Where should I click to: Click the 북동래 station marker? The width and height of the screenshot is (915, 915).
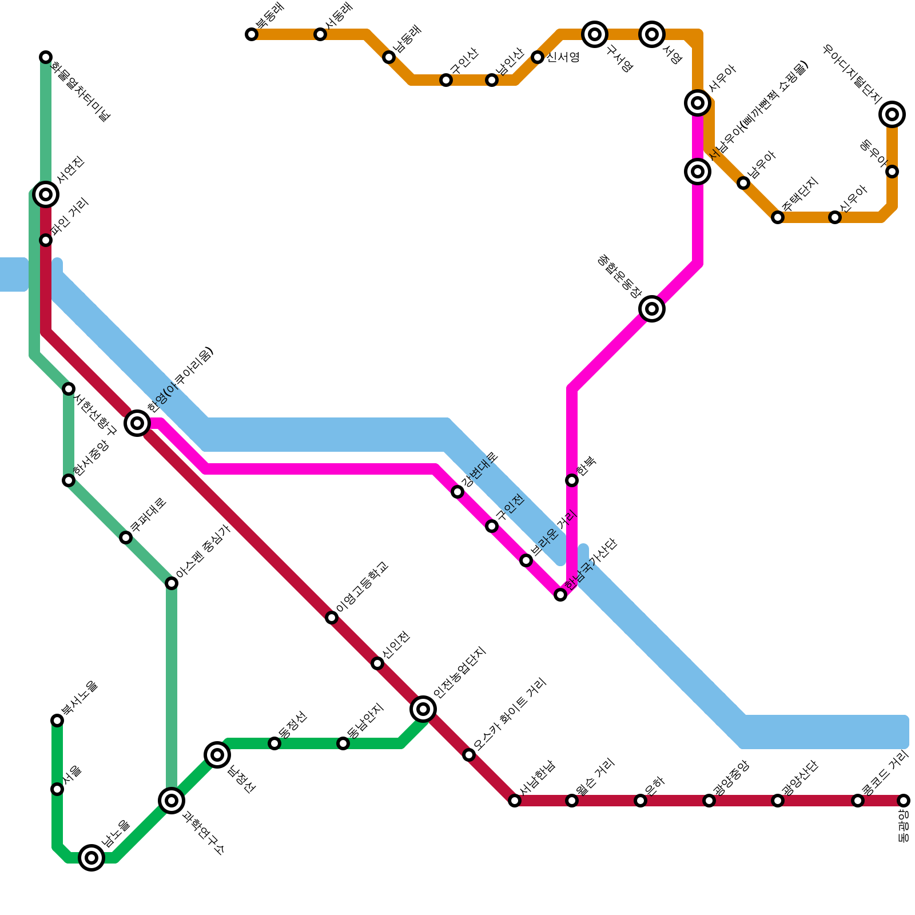[252, 34]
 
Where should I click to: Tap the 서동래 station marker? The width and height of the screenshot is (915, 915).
[320, 34]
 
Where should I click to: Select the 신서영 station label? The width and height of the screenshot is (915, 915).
[563, 57]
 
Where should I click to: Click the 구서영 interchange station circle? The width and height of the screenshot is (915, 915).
[595, 34]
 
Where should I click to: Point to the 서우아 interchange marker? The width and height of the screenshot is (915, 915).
[698, 103]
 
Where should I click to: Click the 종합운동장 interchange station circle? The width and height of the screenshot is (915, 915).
[652, 309]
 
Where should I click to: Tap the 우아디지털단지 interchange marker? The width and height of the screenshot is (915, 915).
[892, 114]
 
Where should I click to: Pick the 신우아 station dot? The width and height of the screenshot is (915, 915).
[835, 217]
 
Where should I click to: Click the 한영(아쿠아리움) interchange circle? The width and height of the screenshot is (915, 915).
[137, 423]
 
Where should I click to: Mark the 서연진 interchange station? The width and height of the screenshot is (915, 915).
[46, 194]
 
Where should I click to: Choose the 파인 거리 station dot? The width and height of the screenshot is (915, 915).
[46, 240]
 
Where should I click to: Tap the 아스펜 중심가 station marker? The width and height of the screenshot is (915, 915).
[172, 583]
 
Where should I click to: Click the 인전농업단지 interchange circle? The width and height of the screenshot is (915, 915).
[423, 709]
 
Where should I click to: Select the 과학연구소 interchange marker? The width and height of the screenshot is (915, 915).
[172, 801]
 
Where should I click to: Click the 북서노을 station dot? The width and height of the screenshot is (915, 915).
[57, 721]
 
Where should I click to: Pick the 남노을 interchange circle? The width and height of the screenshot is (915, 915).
[91, 858]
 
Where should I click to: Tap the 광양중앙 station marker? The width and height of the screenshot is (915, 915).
[709, 801]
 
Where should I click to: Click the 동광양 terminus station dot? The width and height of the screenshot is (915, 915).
[904, 801]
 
